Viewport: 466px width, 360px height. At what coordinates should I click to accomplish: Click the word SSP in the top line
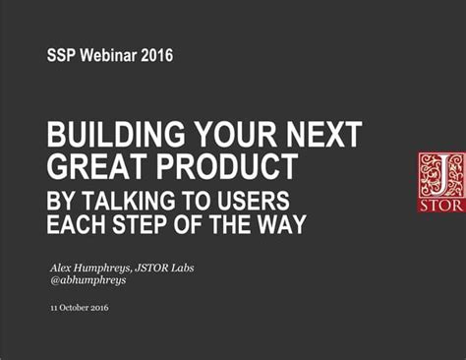[x=62, y=56]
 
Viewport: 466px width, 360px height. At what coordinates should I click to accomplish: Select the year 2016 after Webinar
[x=156, y=56]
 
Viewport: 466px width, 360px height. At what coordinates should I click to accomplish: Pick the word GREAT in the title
[x=94, y=164]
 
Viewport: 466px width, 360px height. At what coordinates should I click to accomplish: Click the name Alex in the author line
[x=63, y=267]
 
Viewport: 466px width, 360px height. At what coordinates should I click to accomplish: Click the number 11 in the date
[x=53, y=308]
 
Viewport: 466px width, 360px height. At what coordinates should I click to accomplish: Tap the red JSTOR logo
[x=437, y=181]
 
